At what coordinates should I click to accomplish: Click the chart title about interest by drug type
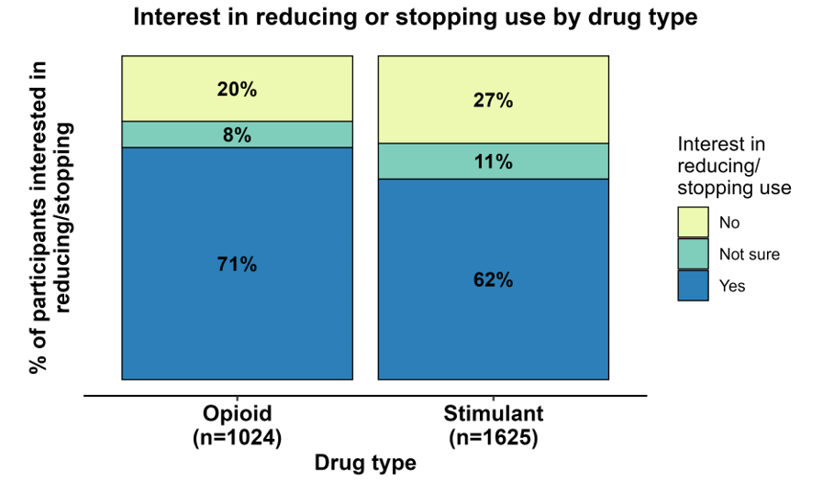416,16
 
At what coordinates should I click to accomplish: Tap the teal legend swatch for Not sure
693,254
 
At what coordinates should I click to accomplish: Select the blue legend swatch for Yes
693,285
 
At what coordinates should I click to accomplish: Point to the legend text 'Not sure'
750,254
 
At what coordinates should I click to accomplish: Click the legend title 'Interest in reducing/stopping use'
733,166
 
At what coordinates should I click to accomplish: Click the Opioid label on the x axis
237,413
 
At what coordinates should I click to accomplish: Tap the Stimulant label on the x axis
494,413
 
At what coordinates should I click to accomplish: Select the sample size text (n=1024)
237,437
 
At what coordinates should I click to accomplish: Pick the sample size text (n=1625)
494,437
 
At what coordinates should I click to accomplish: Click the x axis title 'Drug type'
365,463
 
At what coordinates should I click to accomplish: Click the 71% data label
237,265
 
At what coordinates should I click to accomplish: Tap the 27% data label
494,101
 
